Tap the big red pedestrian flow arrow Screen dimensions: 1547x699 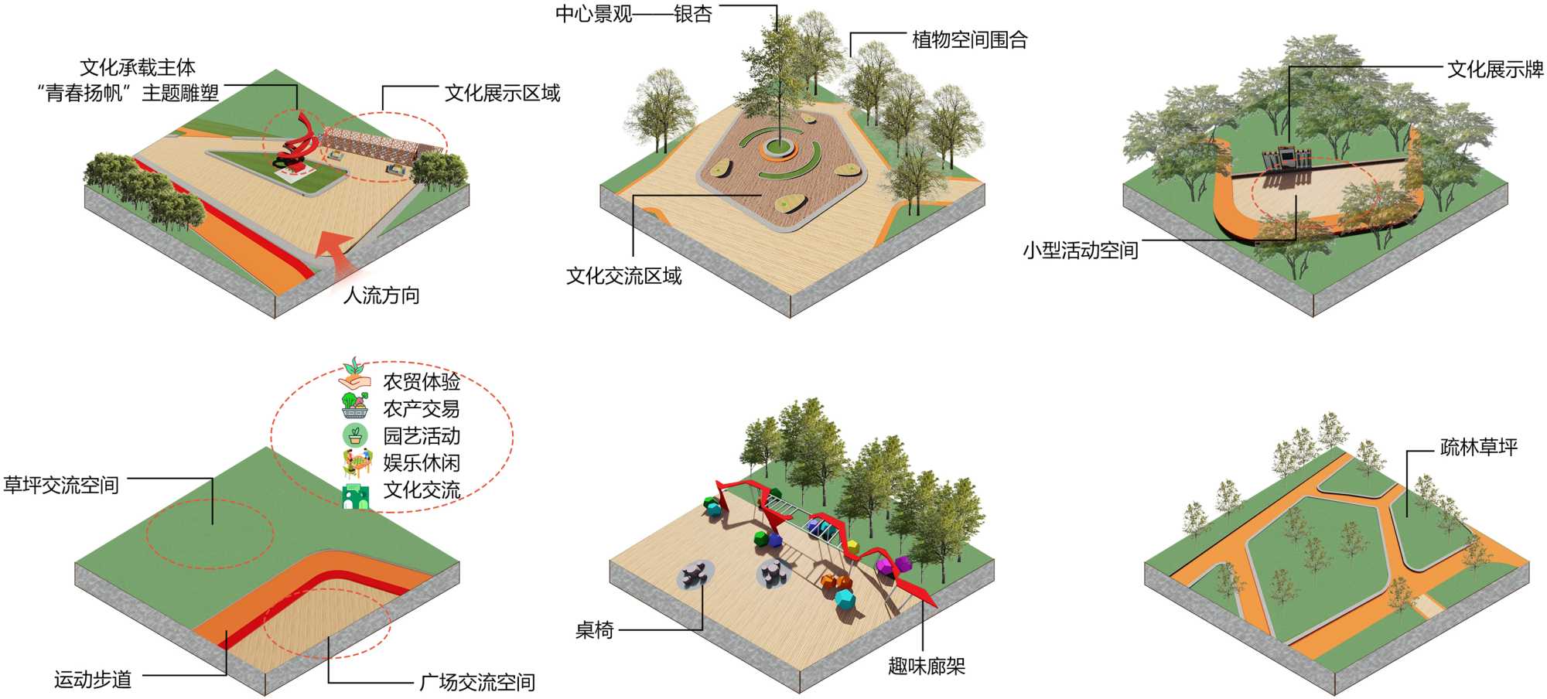(337, 251)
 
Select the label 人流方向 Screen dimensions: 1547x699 (381, 295)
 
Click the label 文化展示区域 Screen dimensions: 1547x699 (502, 94)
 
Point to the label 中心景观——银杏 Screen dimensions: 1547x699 (633, 14)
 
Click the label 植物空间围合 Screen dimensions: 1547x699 (970, 40)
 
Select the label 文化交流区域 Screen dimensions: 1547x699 (623, 276)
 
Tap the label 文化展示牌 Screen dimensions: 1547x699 (1495, 70)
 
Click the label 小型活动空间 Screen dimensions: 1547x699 (1080, 251)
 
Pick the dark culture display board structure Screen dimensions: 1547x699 (1286, 158)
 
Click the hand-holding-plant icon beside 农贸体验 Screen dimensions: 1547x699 (354, 374)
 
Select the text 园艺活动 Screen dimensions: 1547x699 (422, 436)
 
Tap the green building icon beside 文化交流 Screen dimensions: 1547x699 (355, 496)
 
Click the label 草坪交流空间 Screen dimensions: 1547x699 (61, 486)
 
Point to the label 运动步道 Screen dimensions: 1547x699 (93, 680)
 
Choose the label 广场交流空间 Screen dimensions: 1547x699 (476, 682)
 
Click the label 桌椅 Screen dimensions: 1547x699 (594, 630)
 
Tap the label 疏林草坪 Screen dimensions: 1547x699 (1478, 448)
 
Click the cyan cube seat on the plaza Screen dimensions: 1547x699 (844, 598)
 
